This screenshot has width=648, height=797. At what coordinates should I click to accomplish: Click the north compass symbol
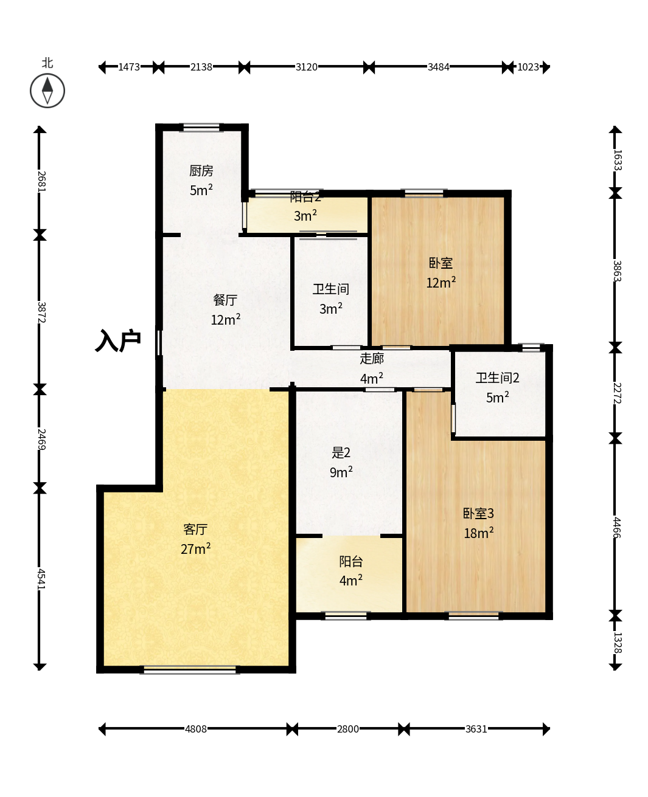pos(47,91)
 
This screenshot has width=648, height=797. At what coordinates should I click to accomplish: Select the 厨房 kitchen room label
pos(201,171)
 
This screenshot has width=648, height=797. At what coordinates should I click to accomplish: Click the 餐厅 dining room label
pos(225,300)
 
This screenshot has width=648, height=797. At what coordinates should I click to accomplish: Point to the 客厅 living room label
pos(195,529)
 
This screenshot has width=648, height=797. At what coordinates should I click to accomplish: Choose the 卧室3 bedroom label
pos(478,513)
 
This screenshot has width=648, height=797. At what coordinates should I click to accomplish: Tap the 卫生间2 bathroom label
pos(498,378)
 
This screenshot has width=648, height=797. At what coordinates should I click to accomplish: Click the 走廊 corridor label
pos(372,359)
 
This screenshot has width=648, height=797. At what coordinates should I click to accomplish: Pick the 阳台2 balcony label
pos(305,197)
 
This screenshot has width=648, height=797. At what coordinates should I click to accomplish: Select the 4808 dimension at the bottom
pos(196,729)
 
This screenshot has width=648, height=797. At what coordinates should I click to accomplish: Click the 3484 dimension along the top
pos(439,67)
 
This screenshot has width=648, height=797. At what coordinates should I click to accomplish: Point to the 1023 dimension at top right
pos(528,67)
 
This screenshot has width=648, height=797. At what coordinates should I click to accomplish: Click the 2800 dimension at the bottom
pos(348,729)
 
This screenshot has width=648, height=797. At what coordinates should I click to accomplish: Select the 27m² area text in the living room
pos(195,548)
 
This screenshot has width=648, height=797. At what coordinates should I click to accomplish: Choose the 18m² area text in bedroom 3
pos(479,533)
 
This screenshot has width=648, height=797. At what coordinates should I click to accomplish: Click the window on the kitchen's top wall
pos(201,128)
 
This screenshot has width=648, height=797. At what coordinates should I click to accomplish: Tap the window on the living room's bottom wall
pos(190,669)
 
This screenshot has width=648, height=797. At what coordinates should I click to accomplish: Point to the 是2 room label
pos(341,452)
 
